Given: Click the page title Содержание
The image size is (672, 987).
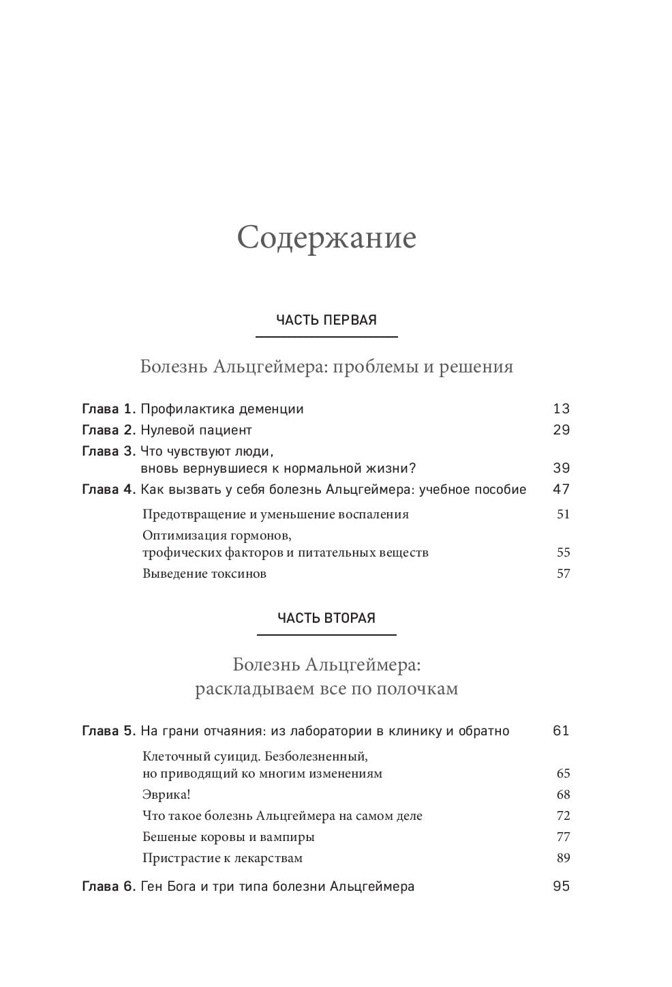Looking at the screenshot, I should (326, 239).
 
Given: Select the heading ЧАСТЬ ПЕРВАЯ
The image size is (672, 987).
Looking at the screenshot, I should (326, 320).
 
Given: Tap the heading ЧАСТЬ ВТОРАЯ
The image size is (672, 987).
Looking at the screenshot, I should (326, 618).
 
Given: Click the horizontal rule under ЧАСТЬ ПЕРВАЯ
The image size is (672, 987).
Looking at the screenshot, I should (326, 337).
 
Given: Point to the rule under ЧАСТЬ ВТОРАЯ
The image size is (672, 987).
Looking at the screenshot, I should (326, 635).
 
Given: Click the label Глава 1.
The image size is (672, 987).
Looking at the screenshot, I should (109, 409).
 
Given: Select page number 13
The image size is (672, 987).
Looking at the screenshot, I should (561, 409).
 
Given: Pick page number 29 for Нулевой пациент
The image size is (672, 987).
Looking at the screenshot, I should (561, 430).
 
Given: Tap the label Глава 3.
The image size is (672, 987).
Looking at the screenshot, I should (109, 452).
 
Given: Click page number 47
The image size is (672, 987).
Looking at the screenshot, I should (561, 489).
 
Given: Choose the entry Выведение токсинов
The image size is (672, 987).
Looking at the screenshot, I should (204, 574).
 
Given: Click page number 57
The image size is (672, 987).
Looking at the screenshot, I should (563, 574).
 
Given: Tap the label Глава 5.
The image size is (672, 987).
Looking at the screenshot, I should (109, 731).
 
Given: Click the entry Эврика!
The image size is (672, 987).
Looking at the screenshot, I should (166, 795).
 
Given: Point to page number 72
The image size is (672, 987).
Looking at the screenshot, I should (563, 816).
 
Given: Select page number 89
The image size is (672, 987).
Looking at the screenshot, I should (563, 858).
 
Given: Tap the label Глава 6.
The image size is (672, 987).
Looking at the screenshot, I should (109, 887).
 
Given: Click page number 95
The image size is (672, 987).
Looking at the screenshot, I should (561, 887).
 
